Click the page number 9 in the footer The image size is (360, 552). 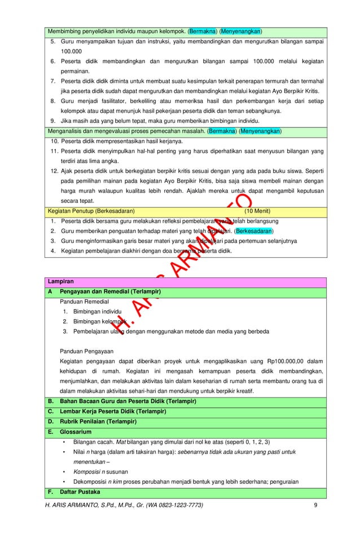pos(315,504)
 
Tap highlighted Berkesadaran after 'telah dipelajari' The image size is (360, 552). pos(254,231)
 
